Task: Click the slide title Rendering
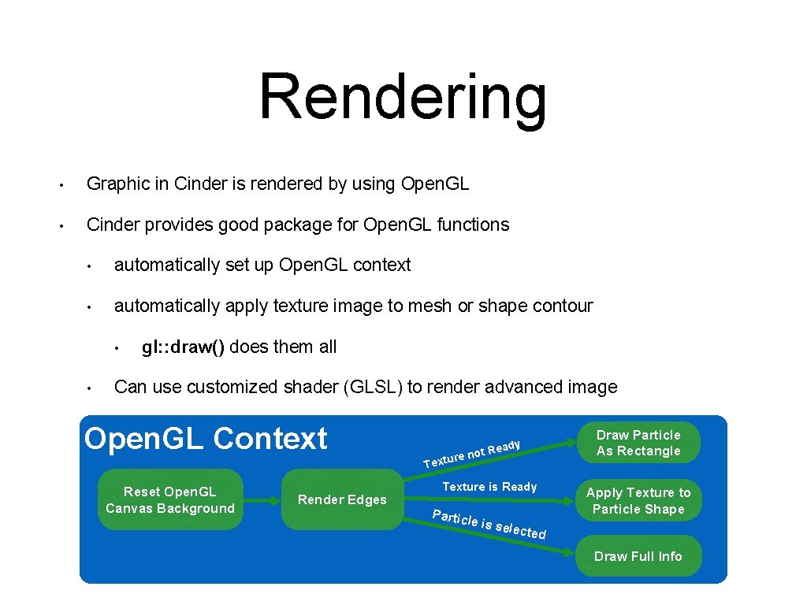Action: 403,98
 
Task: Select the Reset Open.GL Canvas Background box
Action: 170,500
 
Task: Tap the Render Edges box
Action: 342,499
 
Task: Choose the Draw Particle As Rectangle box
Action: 638,443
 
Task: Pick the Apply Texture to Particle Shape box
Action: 638,500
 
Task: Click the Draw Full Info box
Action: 638,556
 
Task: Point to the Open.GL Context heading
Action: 206,439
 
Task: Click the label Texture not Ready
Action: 472,453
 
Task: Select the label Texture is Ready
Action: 489,487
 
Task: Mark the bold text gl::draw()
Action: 184,347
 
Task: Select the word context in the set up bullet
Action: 381,265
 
